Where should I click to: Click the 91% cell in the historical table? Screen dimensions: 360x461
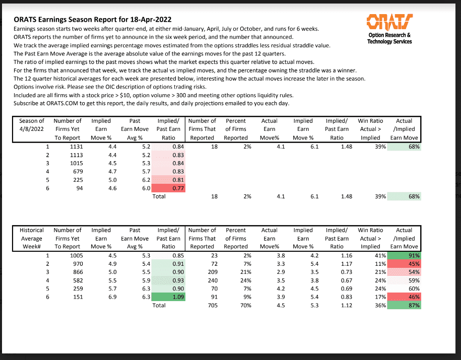(x=404, y=256)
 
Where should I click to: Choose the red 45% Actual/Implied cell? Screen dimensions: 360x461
(x=404, y=264)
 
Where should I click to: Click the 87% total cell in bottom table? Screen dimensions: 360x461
(x=404, y=305)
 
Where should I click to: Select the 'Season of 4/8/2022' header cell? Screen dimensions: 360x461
(x=32, y=129)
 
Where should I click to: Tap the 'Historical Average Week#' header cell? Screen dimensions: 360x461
(x=32, y=238)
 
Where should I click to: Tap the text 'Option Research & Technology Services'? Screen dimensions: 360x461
(x=390, y=38)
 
